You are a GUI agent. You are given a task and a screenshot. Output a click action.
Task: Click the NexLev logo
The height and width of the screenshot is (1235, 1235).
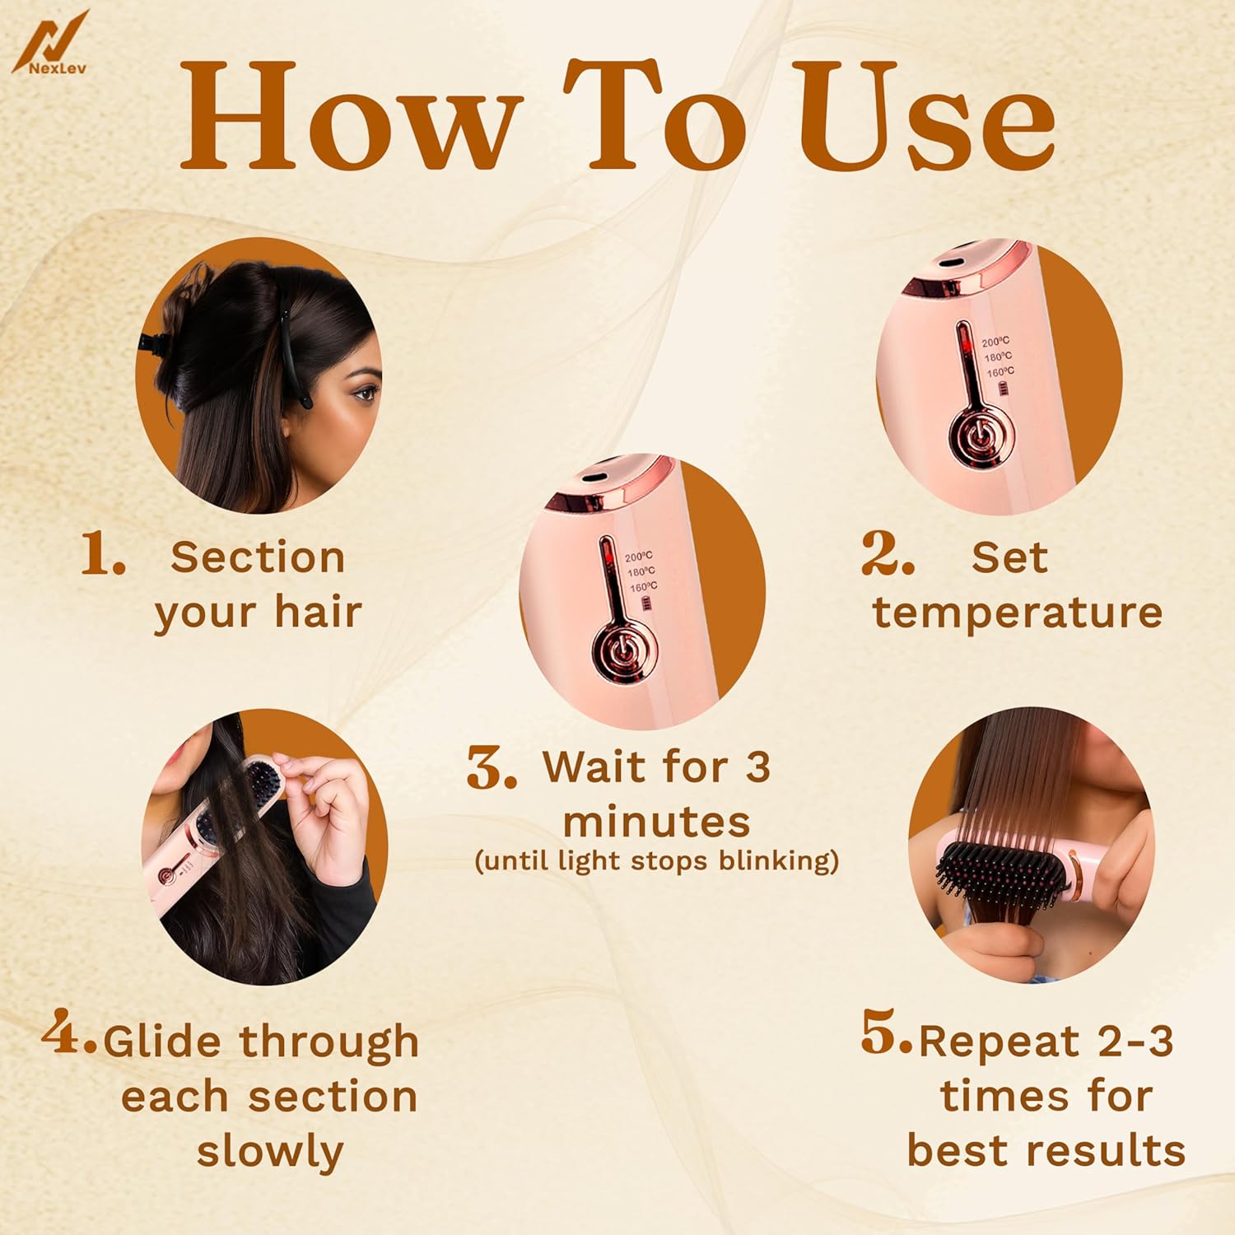coord(51,44)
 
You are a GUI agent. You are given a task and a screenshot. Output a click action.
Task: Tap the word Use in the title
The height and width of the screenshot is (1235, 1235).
coord(927,118)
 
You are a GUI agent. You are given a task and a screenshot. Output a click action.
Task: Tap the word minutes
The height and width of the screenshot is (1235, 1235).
coord(656,822)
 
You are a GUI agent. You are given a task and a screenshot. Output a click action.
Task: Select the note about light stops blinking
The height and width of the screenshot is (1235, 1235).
coord(656,861)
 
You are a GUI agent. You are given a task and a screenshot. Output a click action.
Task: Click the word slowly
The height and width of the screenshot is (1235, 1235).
coord(270,1151)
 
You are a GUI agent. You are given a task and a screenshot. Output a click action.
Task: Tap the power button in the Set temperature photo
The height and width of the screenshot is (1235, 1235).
coord(977,437)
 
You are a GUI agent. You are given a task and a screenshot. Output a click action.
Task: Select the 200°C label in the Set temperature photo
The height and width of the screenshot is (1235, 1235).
coord(995,342)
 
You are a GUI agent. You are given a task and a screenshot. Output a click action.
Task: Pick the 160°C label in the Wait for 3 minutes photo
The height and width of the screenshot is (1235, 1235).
coord(643,588)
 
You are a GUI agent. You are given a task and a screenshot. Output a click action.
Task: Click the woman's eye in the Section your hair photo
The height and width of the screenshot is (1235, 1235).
coord(362,394)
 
